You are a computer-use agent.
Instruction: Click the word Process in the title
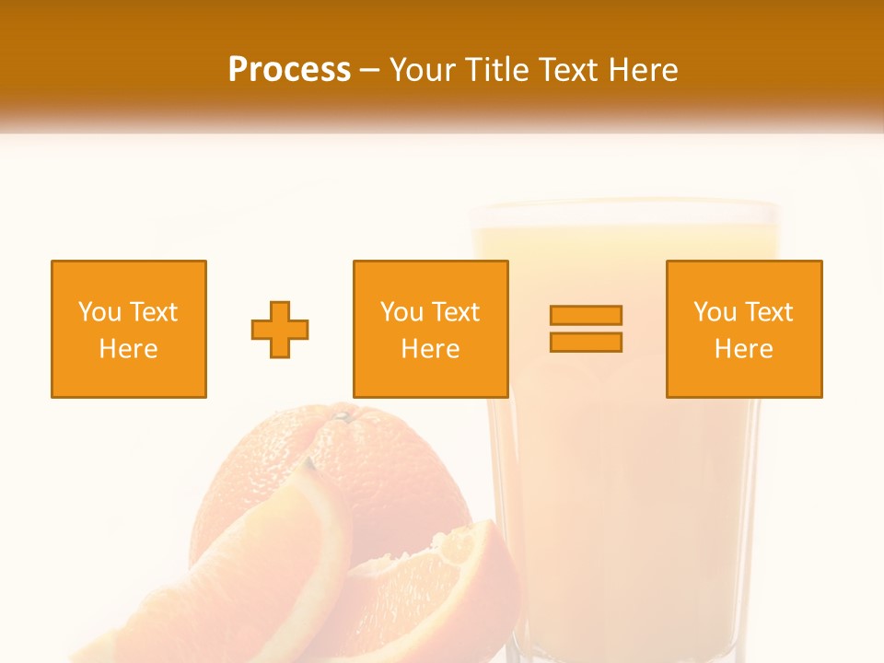click(x=289, y=70)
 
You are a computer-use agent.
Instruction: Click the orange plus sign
click(x=280, y=329)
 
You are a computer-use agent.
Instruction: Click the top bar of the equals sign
click(x=586, y=315)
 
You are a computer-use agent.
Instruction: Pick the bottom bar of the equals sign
click(x=586, y=342)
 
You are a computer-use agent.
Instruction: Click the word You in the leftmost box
click(x=99, y=312)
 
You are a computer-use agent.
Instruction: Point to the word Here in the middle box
click(x=430, y=349)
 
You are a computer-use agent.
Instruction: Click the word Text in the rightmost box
click(x=768, y=312)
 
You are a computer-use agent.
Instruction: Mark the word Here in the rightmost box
click(x=744, y=349)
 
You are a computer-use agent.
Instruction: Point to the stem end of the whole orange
click(x=342, y=417)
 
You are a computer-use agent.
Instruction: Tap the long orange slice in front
click(x=267, y=571)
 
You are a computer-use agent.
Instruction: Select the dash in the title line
click(x=370, y=70)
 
